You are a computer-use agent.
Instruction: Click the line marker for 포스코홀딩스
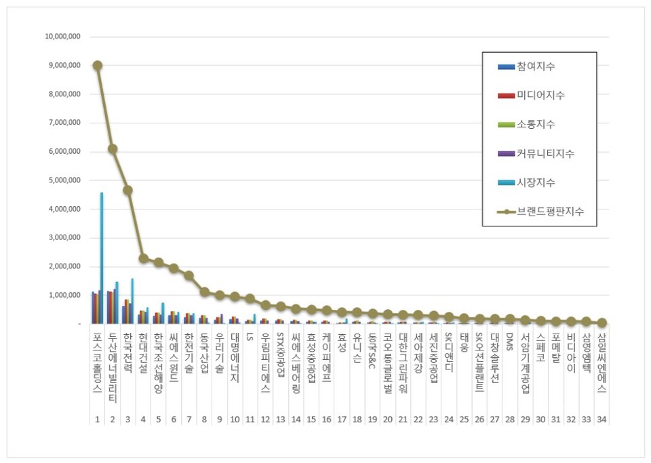pos(98,65)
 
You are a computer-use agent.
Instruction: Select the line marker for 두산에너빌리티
pos(113,148)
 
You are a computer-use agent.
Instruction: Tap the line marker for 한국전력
pos(127,190)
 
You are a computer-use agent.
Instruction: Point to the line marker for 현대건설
pos(143,258)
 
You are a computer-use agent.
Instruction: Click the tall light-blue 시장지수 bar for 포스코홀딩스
pos(102,258)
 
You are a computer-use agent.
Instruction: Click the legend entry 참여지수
pos(536,66)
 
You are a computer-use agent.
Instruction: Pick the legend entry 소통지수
pos(536,124)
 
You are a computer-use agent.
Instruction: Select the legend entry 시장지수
pos(536,182)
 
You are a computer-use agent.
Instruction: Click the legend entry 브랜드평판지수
pos(550,212)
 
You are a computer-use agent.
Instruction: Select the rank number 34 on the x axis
pos(602,420)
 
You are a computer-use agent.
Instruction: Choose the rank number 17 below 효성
pos(341,420)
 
